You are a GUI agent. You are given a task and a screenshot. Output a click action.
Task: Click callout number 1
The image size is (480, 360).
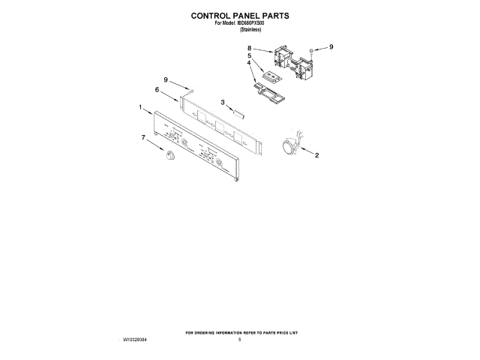point(140,108)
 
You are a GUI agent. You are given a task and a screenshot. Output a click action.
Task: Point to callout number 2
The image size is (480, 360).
point(316,156)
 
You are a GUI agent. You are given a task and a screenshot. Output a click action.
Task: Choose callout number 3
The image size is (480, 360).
point(223,102)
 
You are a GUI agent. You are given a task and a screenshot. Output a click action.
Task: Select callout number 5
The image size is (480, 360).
point(249,55)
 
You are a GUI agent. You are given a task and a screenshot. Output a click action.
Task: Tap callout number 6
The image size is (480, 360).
point(157,89)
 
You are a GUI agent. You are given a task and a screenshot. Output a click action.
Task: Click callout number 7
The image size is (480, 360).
point(143,137)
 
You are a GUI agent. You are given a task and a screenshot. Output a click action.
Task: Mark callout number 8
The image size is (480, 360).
point(249,48)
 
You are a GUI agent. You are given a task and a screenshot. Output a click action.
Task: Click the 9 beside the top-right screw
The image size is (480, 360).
point(331,47)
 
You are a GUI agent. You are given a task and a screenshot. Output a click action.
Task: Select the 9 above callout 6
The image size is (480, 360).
point(166,79)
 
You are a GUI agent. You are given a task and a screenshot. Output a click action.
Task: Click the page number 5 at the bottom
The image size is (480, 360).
point(239,340)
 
